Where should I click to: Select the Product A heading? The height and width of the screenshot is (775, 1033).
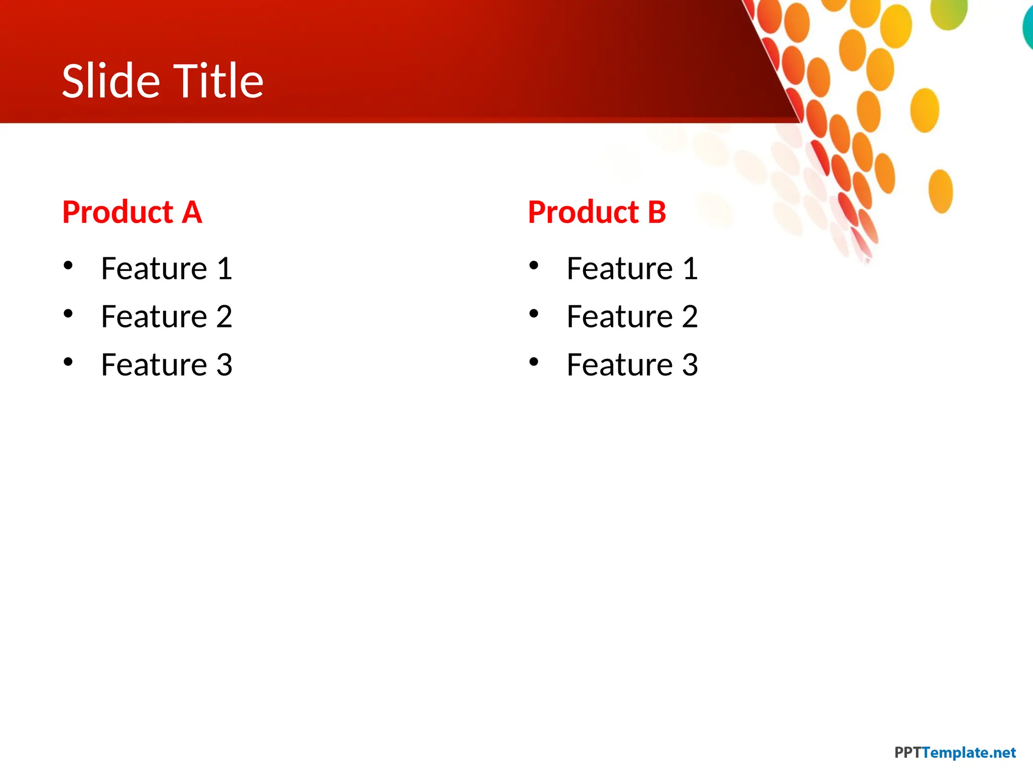[x=132, y=212]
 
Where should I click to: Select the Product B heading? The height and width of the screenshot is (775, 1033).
[x=597, y=212]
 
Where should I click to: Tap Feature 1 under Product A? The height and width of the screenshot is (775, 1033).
[x=166, y=268]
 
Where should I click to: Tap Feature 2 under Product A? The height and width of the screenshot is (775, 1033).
[x=166, y=317]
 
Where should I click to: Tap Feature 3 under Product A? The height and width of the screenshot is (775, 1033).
[x=166, y=365]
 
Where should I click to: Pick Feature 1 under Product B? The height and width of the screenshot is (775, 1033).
[x=632, y=268]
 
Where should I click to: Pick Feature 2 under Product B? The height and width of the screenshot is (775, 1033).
[x=632, y=317]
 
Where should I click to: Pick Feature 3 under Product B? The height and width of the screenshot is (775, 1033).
[x=632, y=365]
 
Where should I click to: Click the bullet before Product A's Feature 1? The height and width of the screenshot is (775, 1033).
[x=69, y=265]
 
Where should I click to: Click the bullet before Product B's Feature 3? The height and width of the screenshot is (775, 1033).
[x=534, y=361]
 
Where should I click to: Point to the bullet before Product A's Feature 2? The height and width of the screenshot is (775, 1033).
[x=69, y=313]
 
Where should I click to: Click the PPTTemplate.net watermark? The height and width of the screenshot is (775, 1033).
[x=954, y=753]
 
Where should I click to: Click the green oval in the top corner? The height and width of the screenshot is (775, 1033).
[x=949, y=13]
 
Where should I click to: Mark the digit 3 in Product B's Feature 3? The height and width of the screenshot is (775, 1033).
[x=690, y=365]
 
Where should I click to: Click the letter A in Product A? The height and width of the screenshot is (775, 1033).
[x=192, y=212]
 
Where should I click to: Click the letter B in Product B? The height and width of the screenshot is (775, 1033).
[x=657, y=212]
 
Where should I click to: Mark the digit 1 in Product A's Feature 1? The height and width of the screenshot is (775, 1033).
[x=224, y=268]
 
